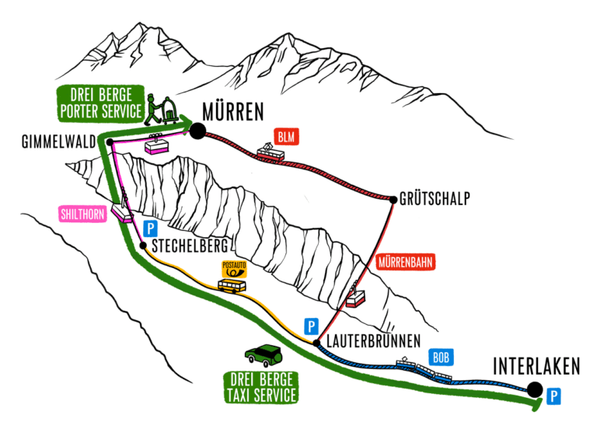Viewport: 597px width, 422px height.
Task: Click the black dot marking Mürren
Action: pyautogui.click(x=197, y=131)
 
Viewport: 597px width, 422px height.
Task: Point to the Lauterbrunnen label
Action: pyautogui.click(x=373, y=340)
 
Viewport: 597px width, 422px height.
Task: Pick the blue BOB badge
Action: pyautogui.click(x=441, y=357)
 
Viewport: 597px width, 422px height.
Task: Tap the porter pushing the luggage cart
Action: pyautogui.click(x=162, y=109)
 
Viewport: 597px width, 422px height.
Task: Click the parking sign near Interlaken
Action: pyautogui.click(x=553, y=397)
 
